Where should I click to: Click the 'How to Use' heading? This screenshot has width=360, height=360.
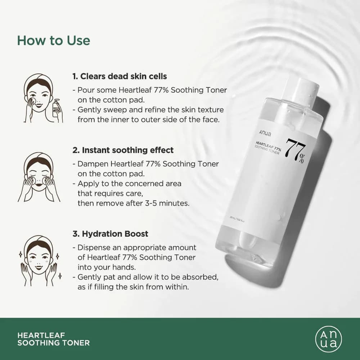54,40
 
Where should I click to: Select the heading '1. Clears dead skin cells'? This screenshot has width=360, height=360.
120,76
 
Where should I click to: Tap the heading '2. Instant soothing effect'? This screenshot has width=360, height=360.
123,150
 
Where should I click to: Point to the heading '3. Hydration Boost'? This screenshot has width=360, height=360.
110,234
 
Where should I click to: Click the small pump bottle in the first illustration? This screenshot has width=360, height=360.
57,108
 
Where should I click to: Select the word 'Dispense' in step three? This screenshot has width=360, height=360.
92,248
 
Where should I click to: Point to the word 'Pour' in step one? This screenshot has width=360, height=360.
85,90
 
